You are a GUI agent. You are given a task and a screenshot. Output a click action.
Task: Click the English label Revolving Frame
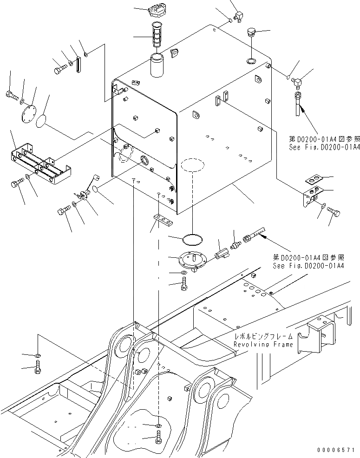263,345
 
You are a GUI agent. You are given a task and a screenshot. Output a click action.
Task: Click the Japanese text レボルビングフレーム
263,336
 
